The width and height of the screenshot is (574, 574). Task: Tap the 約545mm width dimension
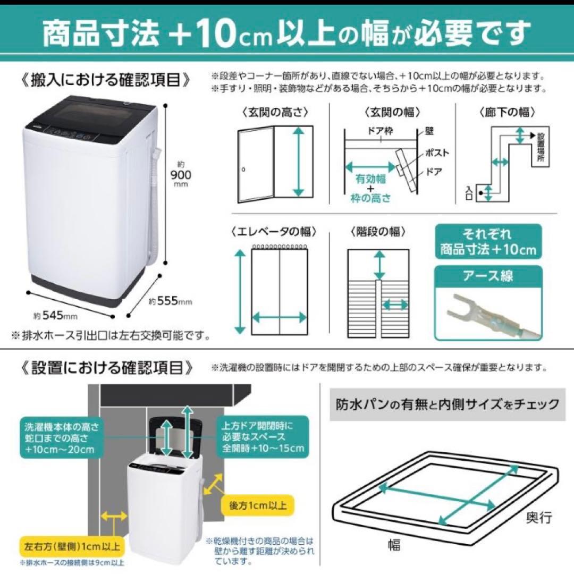click(56, 316)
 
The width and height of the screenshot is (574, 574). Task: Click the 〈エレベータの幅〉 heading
click(274, 232)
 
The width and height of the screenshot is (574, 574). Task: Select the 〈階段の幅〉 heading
click(378, 232)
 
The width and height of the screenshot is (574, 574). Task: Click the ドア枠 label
click(380, 131)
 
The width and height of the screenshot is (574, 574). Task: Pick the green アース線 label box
click(488, 276)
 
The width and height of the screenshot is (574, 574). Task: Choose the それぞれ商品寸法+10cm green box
click(488, 242)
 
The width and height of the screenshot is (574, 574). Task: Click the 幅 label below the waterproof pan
click(393, 545)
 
